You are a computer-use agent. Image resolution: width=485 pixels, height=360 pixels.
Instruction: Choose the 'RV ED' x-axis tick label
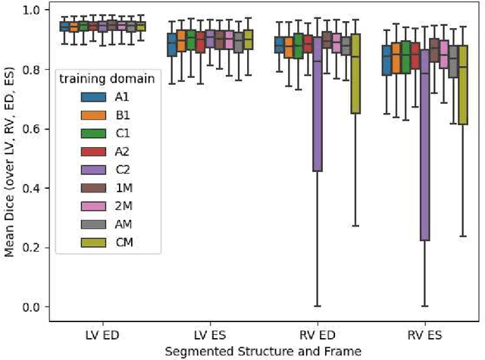tap(318, 334)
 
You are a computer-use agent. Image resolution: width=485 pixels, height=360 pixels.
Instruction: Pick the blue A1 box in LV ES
tap(172, 44)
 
